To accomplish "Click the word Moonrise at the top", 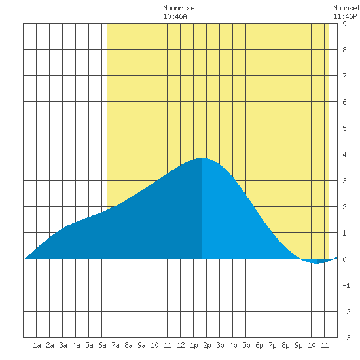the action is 179,8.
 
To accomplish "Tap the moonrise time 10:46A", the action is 175,16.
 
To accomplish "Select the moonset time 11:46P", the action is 345,16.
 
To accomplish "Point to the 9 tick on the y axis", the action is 344,24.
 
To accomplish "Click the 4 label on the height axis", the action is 344,154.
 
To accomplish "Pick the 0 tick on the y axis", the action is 344,259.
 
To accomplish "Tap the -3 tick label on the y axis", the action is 346,338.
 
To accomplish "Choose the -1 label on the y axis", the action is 346,285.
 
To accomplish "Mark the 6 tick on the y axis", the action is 344,102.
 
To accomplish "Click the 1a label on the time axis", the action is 37,345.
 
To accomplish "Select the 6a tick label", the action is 102,345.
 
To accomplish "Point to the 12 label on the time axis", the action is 181,345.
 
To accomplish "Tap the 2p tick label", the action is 207,345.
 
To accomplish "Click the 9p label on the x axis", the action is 298,345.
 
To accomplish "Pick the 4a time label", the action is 76,345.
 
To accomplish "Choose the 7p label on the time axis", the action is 272,345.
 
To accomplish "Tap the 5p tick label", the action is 246,345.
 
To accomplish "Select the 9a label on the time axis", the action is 141,345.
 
